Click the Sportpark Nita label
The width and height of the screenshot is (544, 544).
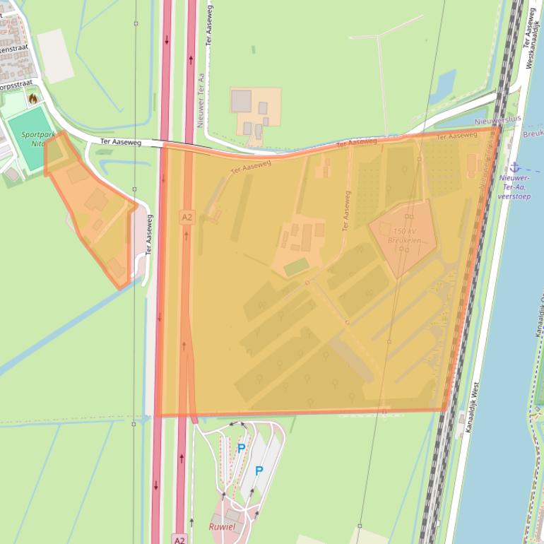(x=37, y=138)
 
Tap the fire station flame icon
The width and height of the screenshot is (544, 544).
(x=32, y=99)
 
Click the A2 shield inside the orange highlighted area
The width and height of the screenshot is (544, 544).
(x=187, y=218)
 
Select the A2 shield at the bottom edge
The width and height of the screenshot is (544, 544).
(x=179, y=540)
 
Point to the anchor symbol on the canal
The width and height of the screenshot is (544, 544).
(x=515, y=167)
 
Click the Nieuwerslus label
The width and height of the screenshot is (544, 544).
(x=497, y=120)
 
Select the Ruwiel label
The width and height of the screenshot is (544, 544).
(x=222, y=526)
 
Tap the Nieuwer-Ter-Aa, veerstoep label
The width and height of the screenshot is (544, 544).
(x=514, y=187)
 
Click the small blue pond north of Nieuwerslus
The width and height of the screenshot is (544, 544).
(x=442, y=85)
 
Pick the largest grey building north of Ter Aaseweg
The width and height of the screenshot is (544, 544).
(x=241, y=101)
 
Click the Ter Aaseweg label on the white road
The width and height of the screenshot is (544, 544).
(x=121, y=142)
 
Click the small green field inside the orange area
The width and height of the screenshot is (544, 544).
(x=296, y=266)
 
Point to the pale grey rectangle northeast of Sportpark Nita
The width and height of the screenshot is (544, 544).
(x=55, y=55)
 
